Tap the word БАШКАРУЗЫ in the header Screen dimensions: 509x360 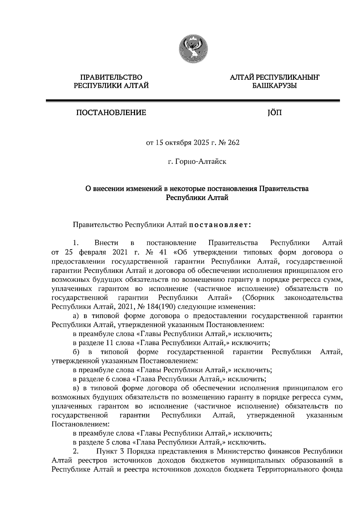click(274, 86)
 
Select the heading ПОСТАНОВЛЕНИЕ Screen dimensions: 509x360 click(111, 113)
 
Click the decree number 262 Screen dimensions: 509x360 click(234, 143)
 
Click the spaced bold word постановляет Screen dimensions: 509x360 click(220, 225)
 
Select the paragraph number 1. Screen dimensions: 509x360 click(75, 243)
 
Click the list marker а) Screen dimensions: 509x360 click(76, 316)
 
